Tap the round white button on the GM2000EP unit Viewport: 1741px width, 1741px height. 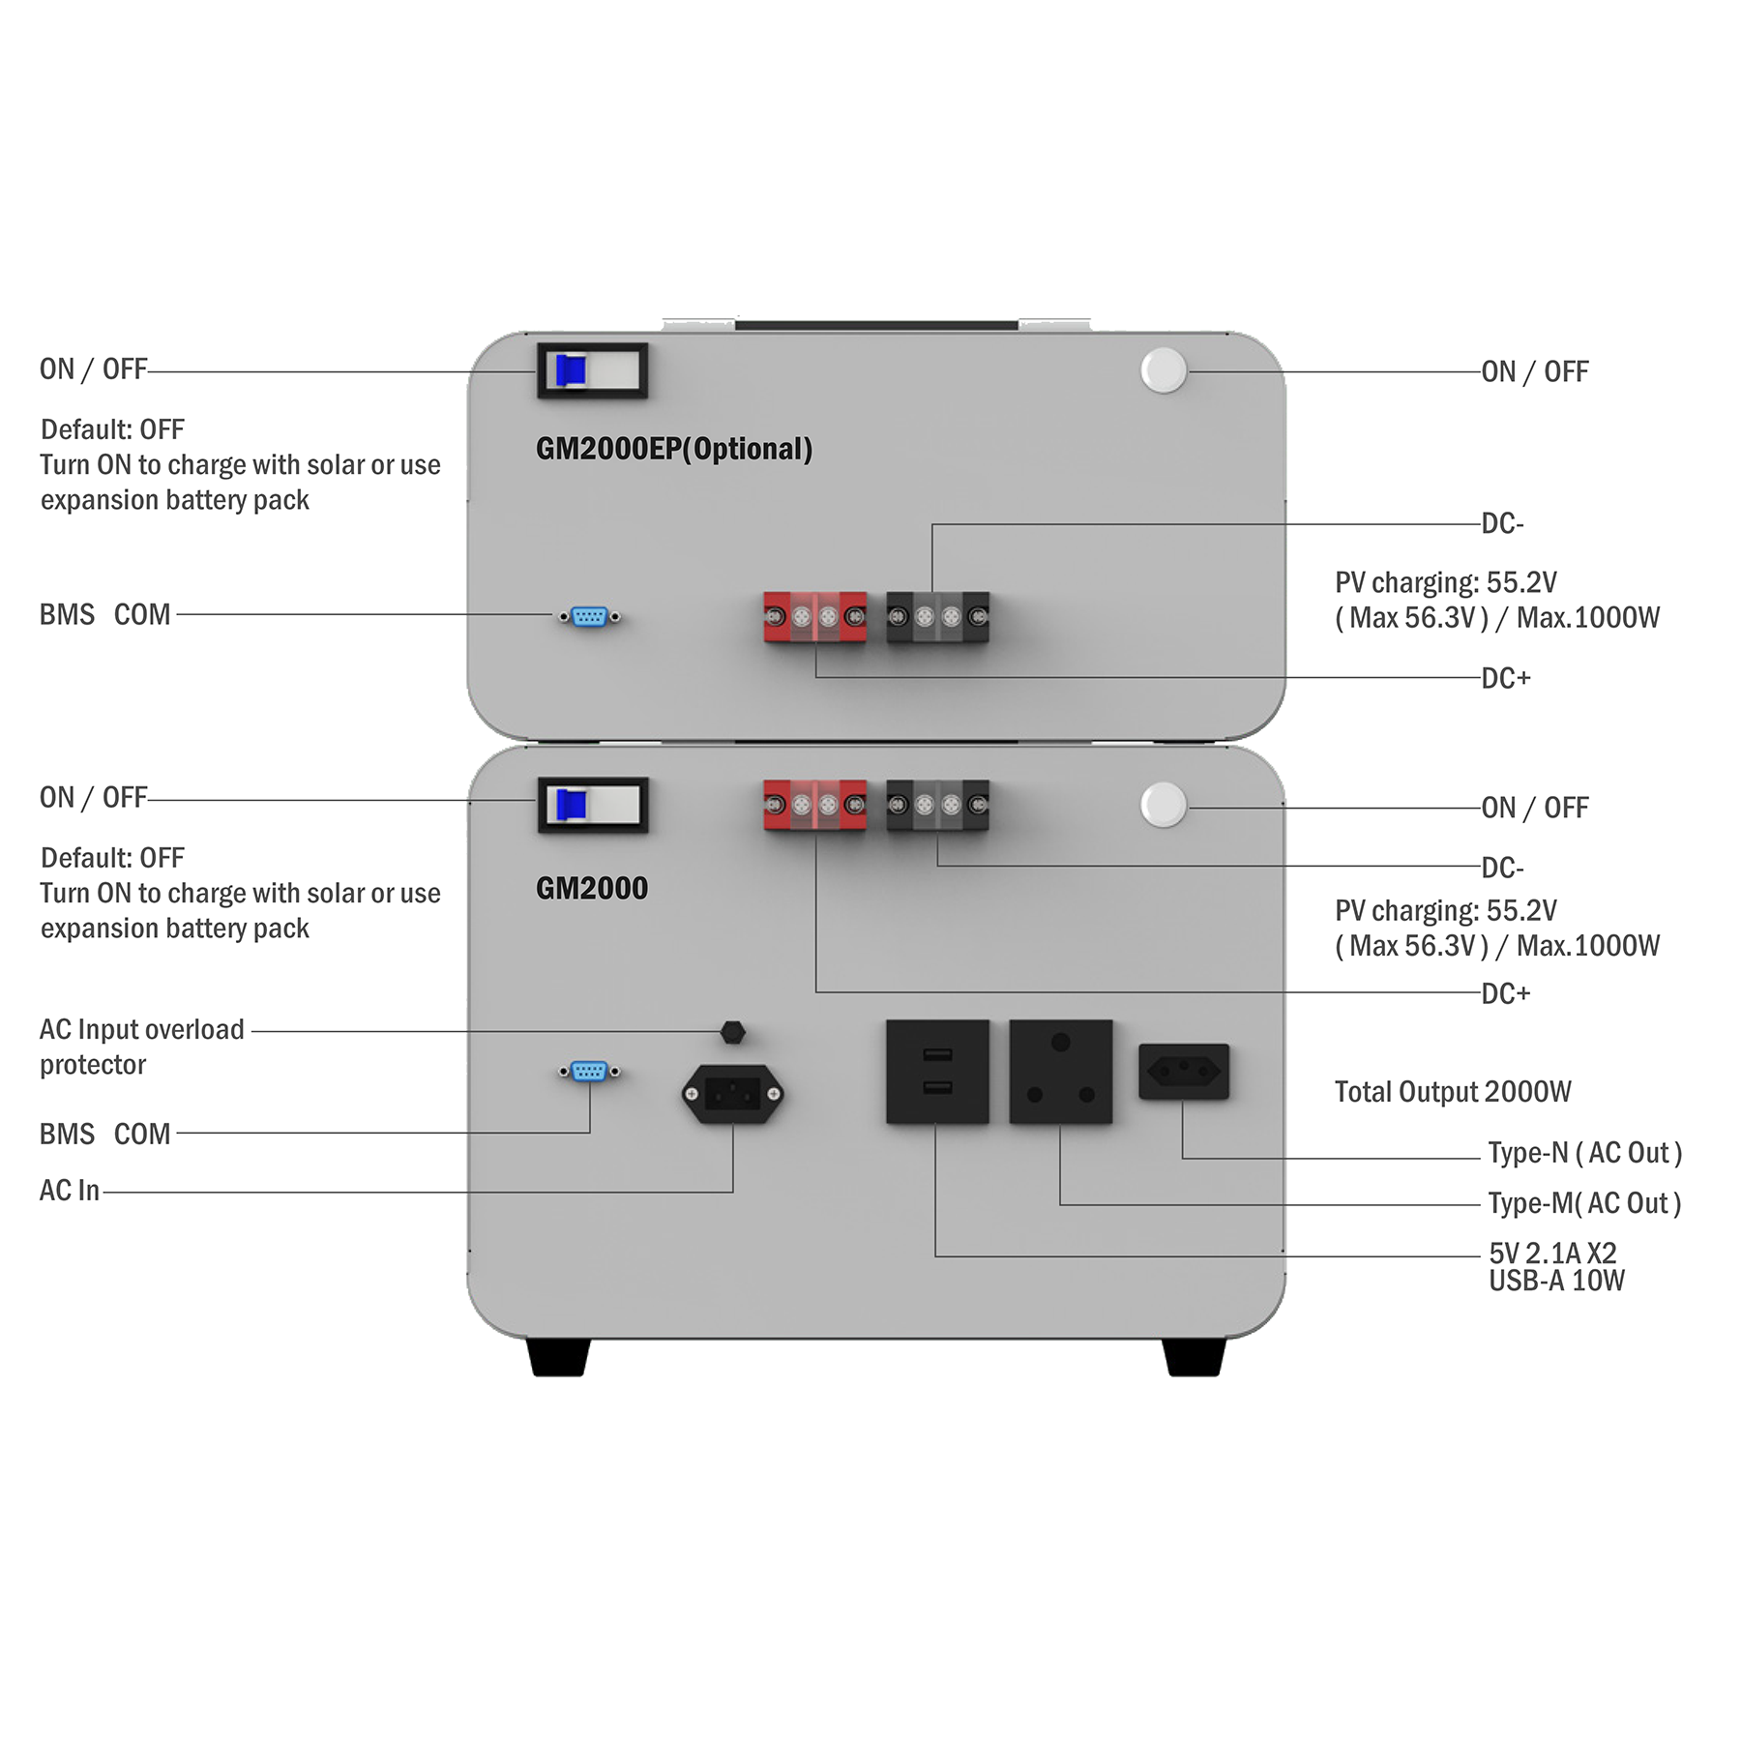pos(1163,370)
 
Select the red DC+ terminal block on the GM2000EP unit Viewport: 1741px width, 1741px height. pos(814,617)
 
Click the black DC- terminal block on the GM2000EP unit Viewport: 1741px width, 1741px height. pos(937,617)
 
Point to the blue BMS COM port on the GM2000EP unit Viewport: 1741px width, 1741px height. pos(589,616)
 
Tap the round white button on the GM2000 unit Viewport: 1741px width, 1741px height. pos(1163,805)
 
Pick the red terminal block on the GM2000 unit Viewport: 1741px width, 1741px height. pos(814,805)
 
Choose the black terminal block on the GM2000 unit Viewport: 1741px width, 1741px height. pos(937,805)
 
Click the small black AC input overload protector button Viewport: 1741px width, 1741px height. pos(732,1032)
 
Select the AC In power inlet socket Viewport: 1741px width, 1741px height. pos(732,1094)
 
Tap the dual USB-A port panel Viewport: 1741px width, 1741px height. pos(937,1072)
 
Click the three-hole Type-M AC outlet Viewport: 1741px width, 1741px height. pos(1060,1072)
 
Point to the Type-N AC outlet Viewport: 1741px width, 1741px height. pos(1184,1072)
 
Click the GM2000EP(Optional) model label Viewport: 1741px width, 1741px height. pos(674,449)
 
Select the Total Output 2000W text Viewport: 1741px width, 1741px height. pos(1453,1092)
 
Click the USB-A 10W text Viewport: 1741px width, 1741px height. pos(1556,1281)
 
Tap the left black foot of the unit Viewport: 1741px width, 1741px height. pos(559,1356)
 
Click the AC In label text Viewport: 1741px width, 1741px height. pos(70,1191)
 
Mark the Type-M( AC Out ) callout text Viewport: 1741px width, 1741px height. pos(1584,1203)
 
